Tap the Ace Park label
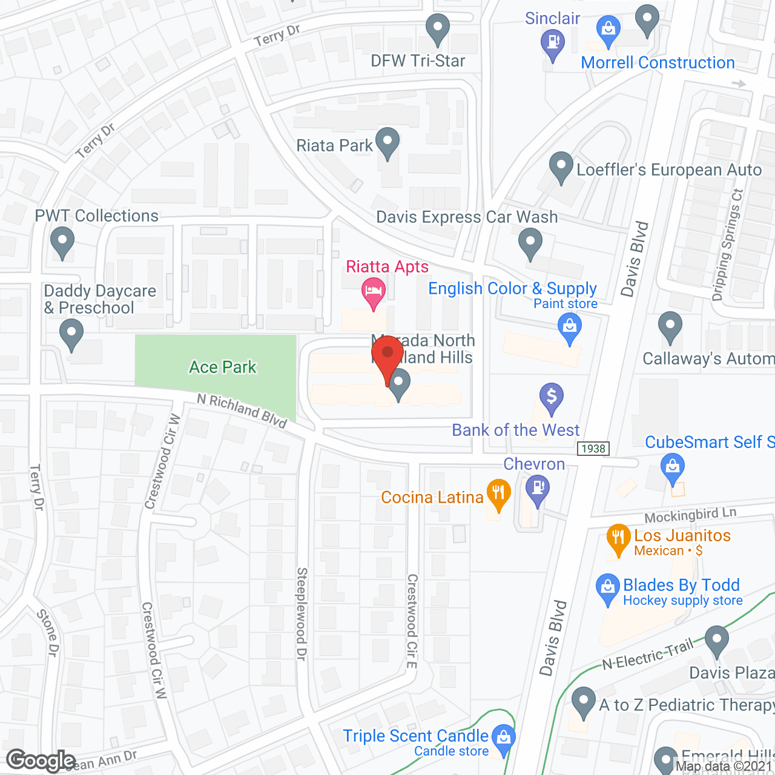coord(223,367)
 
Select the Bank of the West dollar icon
coord(551,398)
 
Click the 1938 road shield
coord(593,448)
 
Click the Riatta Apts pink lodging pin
coord(374,292)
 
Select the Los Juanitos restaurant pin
coord(618,538)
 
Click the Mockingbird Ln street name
coord(690,515)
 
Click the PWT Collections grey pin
coord(62,242)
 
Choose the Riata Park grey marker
coord(387,142)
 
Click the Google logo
coord(41,760)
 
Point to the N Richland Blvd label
coord(242,410)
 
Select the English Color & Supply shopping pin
coord(569,328)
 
